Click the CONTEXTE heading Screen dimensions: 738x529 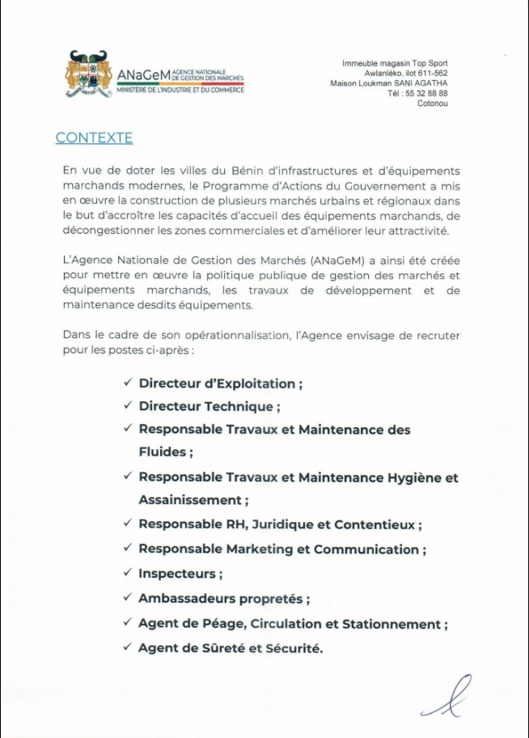pyautogui.click(x=94, y=138)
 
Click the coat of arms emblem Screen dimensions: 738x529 pyautogui.click(x=87, y=74)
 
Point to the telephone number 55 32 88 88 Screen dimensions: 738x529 pyautogui.click(x=429, y=93)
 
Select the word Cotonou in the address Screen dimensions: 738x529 pyautogui.click(x=432, y=104)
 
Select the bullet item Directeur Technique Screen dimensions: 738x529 pyautogui.click(x=209, y=406)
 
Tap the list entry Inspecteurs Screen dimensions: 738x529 pyautogui.click(x=180, y=574)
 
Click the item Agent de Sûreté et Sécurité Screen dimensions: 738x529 pyautogui.click(x=230, y=648)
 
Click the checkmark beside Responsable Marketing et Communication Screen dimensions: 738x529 pyautogui.click(x=127, y=548)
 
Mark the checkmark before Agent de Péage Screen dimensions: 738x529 pyautogui.click(x=127, y=622)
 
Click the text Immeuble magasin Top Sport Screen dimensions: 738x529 pyautogui.click(x=395, y=63)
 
